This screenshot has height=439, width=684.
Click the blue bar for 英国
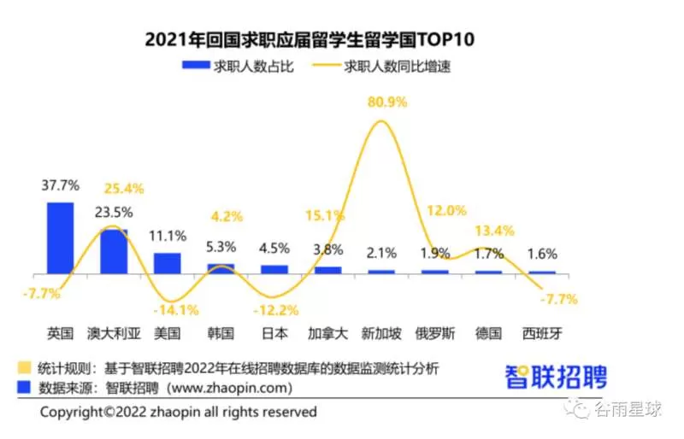(x=60, y=238)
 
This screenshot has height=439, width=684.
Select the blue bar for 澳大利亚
(x=114, y=252)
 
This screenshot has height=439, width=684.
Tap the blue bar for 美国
(x=167, y=263)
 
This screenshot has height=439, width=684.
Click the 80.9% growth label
(x=387, y=102)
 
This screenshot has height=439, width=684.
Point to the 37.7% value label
(x=60, y=185)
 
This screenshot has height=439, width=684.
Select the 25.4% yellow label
(x=124, y=189)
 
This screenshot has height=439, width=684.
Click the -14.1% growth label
(x=176, y=310)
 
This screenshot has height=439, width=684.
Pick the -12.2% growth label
(x=275, y=310)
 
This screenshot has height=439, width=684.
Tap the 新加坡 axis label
(x=381, y=333)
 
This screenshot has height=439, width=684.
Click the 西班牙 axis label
(x=542, y=333)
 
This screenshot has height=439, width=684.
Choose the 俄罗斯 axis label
(x=435, y=333)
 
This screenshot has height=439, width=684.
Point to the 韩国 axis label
(x=221, y=333)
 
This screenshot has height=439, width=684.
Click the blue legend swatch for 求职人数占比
(x=196, y=65)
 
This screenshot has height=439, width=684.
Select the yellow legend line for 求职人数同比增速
(x=327, y=66)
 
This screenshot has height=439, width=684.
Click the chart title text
(x=310, y=39)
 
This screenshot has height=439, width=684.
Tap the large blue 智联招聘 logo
(x=557, y=377)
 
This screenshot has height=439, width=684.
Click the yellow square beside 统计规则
(x=24, y=367)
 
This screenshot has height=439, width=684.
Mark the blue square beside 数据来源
(x=24, y=387)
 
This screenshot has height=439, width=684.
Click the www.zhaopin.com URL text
(x=229, y=388)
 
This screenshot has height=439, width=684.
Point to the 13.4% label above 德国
(x=494, y=231)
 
